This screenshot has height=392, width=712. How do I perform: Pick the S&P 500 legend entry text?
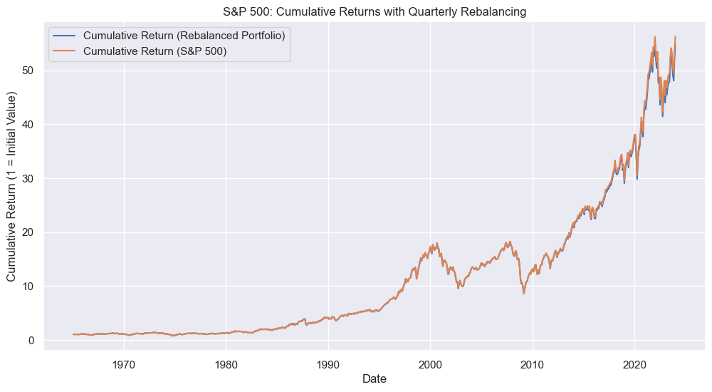tap(155, 51)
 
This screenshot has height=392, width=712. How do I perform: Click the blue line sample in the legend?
tap(63, 36)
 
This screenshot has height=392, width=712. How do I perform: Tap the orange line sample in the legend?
tap(63, 51)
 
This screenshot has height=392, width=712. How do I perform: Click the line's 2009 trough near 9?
tap(524, 293)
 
